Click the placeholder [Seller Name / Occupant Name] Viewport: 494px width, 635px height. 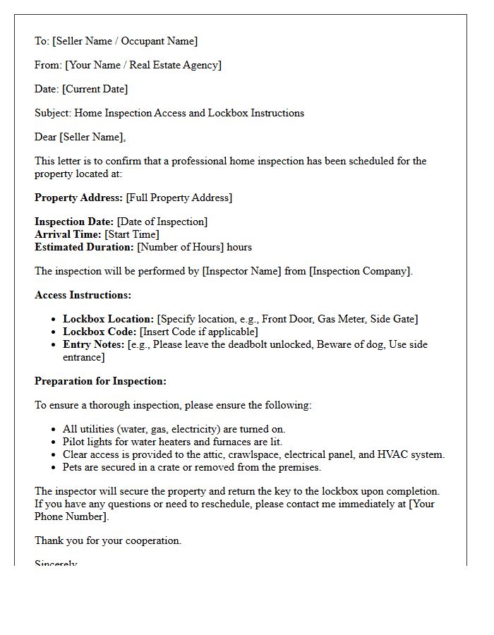pyautogui.click(x=125, y=41)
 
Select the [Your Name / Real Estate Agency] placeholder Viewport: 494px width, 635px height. pyautogui.click(x=143, y=65)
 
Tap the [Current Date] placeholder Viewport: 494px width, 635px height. pyautogui.click(x=95, y=89)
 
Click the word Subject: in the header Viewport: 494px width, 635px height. pyautogui.click(x=53, y=113)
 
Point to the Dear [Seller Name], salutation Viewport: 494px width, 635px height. pyautogui.click(x=80, y=137)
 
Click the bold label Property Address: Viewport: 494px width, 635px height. pyautogui.click(x=79, y=198)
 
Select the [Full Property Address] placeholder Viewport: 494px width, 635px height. pyautogui.click(x=179, y=198)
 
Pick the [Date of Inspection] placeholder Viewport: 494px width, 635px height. pyautogui.click(x=162, y=222)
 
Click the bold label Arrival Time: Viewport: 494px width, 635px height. pyautogui.click(x=68, y=234)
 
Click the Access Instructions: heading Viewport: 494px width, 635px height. pyautogui.click(x=83, y=295)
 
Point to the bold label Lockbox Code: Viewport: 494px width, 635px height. pyautogui.click(x=100, y=332)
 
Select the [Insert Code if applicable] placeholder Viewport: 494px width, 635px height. pyautogui.click(x=199, y=332)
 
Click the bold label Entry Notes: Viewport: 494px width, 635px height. pyautogui.click(x=94, y=344)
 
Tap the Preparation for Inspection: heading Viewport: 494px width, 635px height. pyautogui.click(x=100, y=381)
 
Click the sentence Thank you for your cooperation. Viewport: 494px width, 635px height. pyautogui.click(x=108, y=540)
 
